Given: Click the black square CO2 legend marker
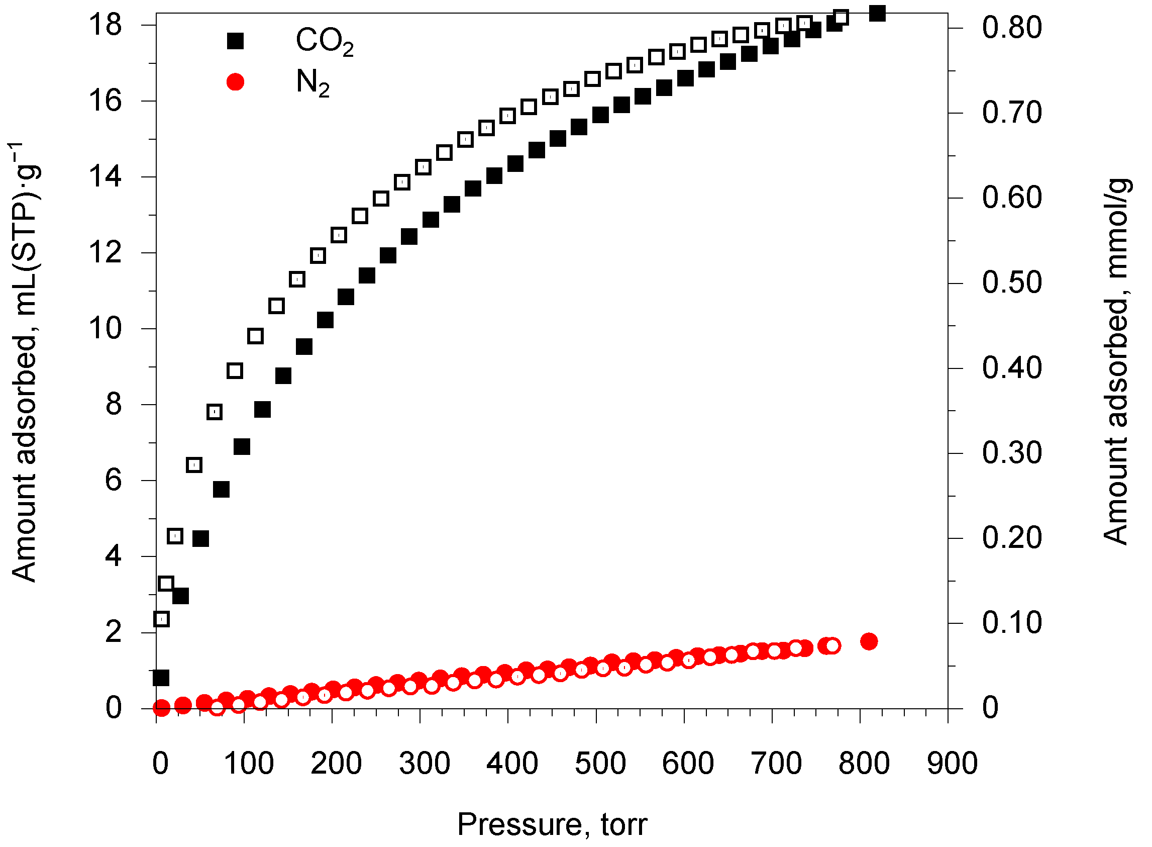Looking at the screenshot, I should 235,41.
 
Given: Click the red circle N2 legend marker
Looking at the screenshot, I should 235,81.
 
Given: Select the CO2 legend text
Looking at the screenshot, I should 325,41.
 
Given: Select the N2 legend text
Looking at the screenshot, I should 312,82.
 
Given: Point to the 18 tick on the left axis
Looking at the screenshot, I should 105,25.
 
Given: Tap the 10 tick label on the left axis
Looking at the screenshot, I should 105,328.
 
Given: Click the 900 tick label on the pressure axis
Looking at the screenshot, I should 952,763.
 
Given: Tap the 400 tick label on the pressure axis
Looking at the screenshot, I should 512,763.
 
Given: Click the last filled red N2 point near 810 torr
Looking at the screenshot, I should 869,641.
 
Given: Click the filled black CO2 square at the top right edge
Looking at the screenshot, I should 877,14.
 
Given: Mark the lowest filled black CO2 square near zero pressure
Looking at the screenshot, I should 161,678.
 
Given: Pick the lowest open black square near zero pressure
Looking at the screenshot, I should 161,619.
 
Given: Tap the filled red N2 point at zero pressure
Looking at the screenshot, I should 161,708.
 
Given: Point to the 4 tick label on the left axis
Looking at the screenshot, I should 113,556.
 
